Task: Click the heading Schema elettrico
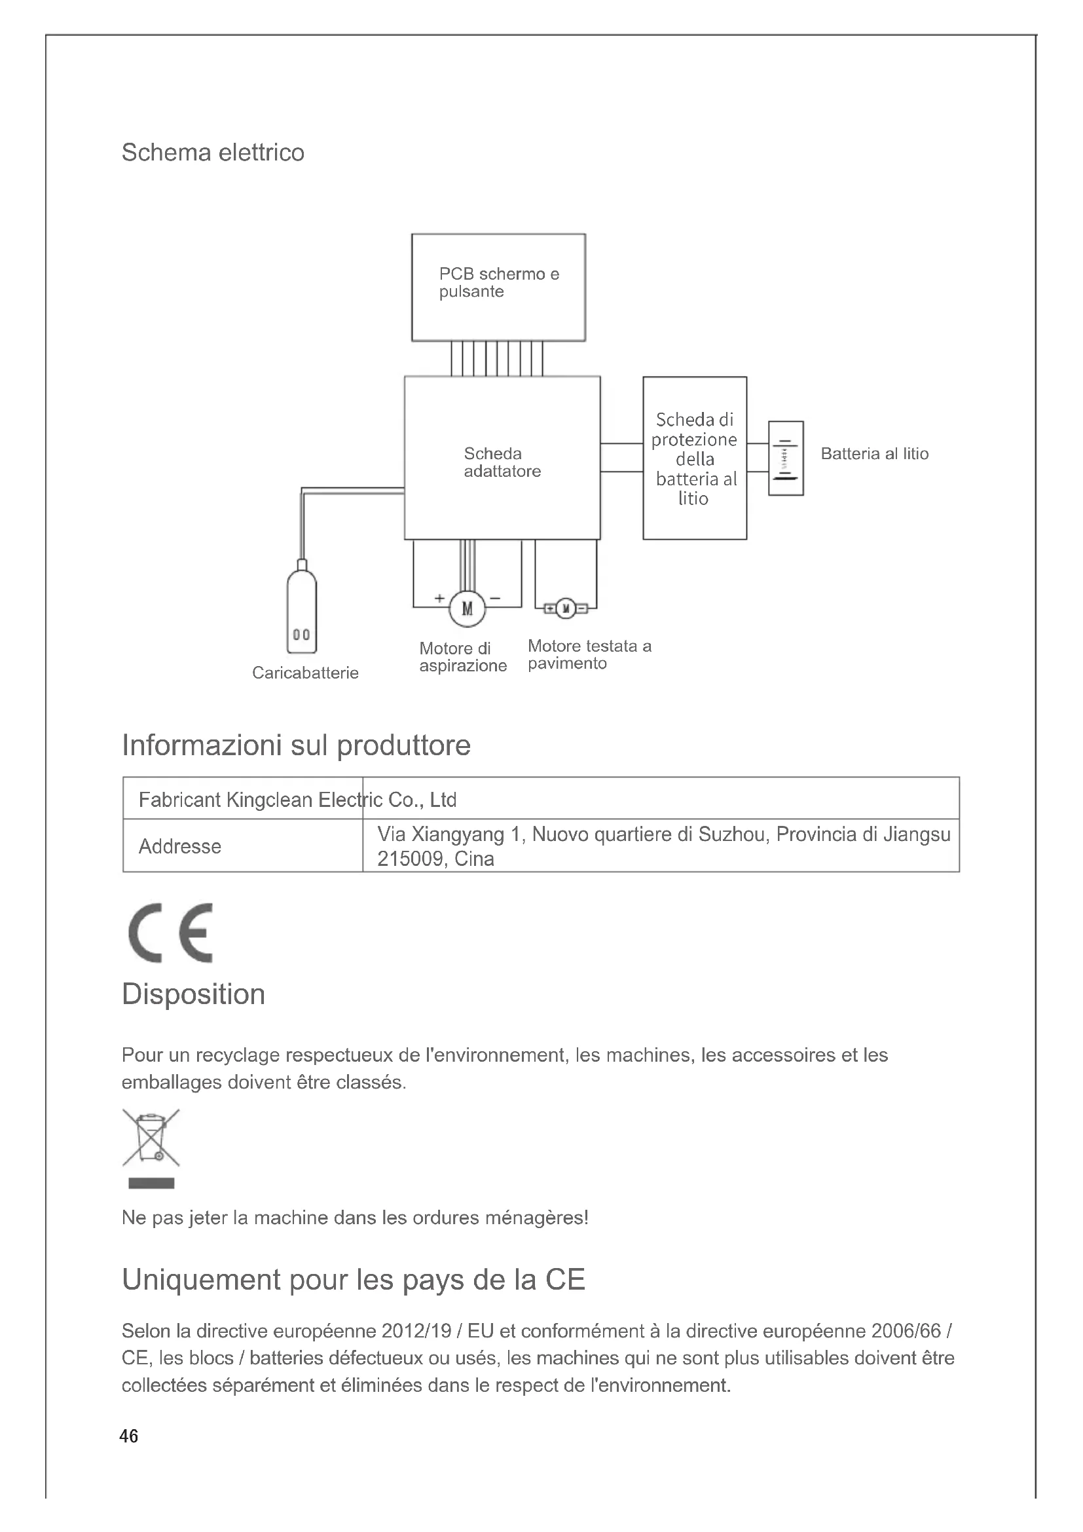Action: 213,153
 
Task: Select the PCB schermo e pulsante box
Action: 498,287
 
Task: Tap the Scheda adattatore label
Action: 502,462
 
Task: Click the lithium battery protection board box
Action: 694,458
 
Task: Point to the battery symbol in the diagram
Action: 786,458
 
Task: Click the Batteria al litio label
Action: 874,454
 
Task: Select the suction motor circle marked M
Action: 467,608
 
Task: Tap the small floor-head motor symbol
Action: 566,608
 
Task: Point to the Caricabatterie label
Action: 304,673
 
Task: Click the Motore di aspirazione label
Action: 463,657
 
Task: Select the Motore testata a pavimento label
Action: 589,654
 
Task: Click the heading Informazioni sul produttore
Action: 296,745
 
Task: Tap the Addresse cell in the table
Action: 180,846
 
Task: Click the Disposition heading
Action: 193,994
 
